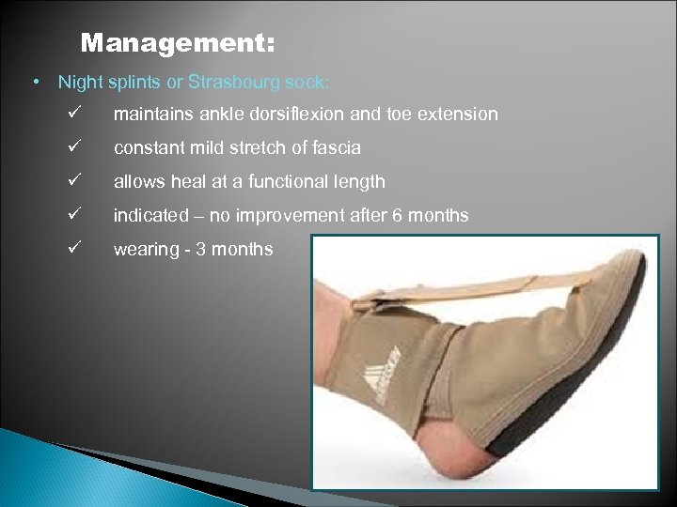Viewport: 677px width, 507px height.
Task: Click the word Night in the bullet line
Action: (78, 82)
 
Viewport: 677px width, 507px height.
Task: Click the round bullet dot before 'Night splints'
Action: (35, 82)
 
